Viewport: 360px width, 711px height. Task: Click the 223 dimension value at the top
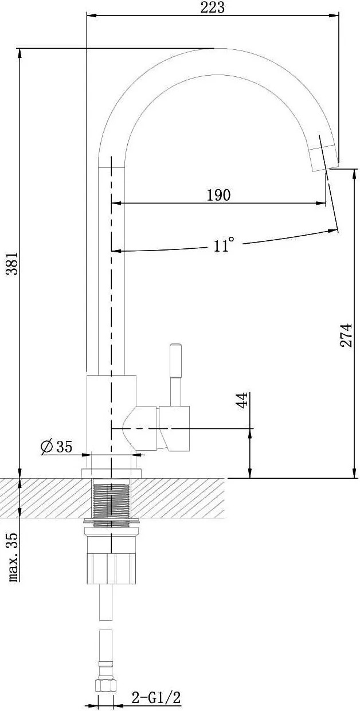212,7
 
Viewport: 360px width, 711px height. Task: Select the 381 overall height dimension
13,264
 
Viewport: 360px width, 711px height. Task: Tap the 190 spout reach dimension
218,195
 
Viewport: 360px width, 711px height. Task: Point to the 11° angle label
224,244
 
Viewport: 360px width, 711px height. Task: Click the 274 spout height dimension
346,335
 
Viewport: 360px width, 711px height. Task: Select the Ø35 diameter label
57,447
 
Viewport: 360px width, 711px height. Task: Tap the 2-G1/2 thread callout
156,698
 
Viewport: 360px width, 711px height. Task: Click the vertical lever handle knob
175,360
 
